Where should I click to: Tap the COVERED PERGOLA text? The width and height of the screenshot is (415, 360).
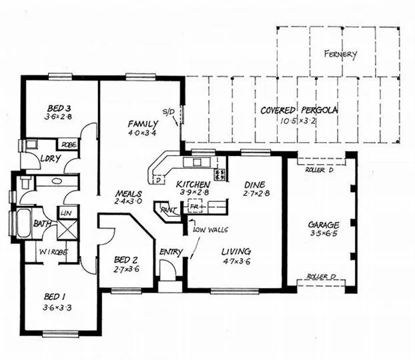coord(298,111)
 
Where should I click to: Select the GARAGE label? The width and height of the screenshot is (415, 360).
coord(323,225)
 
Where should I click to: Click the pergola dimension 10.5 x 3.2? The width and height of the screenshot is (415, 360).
coord(299,122)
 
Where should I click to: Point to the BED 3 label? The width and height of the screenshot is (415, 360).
coord(59,107)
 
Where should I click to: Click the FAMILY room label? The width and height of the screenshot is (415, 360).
coord(143,124)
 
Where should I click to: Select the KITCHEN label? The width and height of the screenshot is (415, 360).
coord(193,184)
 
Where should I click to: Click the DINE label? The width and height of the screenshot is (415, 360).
coord(256,184)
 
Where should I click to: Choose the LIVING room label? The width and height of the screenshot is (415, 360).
coord(236,251)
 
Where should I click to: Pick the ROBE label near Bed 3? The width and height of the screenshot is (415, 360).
coord(67,145)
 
